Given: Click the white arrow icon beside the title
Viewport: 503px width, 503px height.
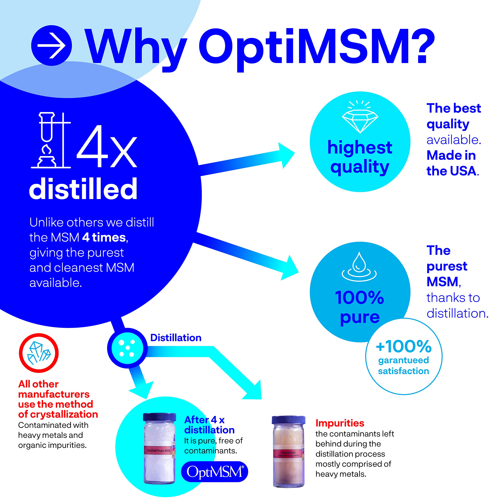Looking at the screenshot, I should pos(51,46).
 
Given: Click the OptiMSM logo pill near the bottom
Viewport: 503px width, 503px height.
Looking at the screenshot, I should pos(215,472).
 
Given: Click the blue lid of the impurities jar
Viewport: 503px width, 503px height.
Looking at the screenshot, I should pos(288,420).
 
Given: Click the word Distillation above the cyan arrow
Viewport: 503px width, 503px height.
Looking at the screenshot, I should pos(176,338).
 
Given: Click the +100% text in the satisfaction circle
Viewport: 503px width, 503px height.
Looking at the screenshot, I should pos(404,346).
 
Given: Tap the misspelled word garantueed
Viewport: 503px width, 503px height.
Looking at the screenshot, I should pos(404,360).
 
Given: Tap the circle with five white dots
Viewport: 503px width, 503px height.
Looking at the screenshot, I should pos(127,348).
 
